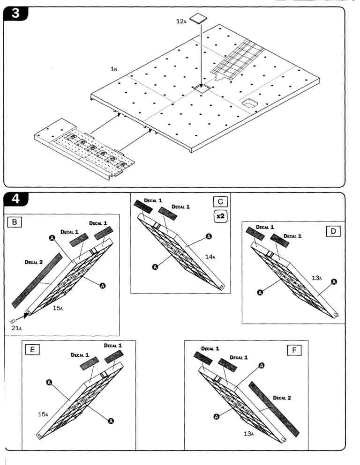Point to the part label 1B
tap(113, 69)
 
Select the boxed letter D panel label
tap(335, 231)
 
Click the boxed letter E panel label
tap(34, 349)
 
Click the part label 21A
tap(16, 328)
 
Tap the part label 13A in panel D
tap(317, 278)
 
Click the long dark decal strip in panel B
tap(37, 281)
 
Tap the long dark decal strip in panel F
tap(274, 407)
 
